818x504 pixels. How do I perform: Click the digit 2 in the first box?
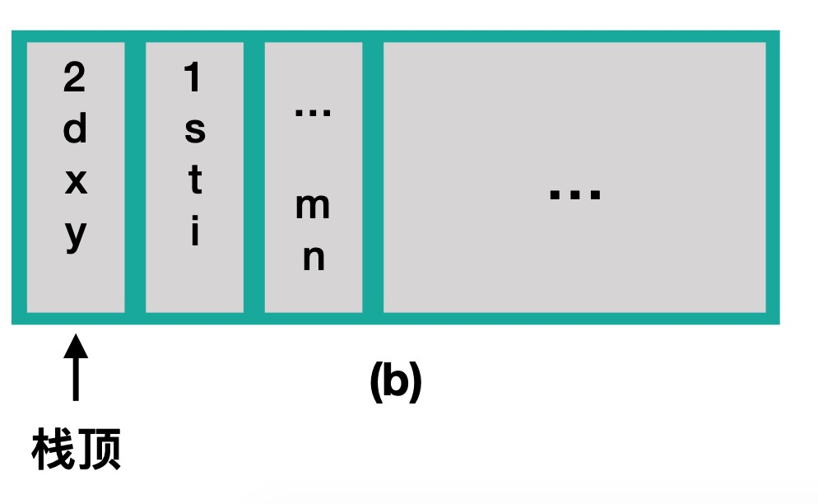click(75, 79)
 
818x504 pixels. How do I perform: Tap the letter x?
click(75, 182)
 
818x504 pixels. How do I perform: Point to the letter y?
click(75, 236)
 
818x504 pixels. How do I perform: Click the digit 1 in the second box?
click(193, 79)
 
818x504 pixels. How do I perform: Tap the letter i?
click(195, 233)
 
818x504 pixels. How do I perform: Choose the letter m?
click(313, 208)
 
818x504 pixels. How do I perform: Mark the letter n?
click(314, 259)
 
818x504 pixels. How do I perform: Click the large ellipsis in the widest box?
click(575, 195)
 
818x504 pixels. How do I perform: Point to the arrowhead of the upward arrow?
click(76, 344)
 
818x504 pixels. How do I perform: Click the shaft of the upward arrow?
click(76, 379)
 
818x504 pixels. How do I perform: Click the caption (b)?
click(395, 381)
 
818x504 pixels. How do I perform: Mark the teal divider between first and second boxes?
click(135, 177)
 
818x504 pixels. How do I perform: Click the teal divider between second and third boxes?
click(253, 177)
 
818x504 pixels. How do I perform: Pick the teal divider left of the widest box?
click(373, 177)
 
